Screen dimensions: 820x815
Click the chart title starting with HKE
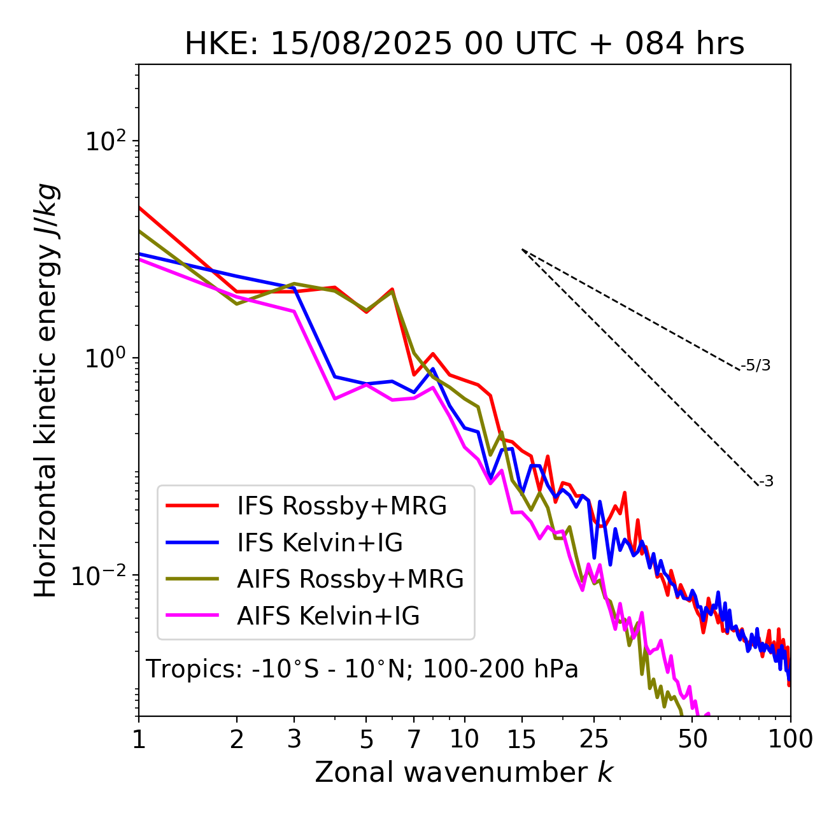click(464, 44)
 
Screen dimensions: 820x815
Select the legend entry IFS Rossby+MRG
click(341, 506)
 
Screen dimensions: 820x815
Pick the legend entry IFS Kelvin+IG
click(320, 543)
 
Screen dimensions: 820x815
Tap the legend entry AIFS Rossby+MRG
click(350, 579)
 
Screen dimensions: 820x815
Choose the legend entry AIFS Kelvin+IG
click(328, 616)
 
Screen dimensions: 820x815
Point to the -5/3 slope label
click(756, 365)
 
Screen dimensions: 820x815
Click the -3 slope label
click(767, 481)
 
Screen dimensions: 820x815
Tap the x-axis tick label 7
click(414, 739)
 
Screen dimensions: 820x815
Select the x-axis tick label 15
click(522, 739)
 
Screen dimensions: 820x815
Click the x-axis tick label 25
click(594, 739)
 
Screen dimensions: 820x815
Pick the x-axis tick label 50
click(693, 739)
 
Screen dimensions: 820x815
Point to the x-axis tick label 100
click(790, 739)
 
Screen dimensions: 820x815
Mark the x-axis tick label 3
click(294, 739)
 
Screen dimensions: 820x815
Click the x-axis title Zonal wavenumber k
click(464, 772)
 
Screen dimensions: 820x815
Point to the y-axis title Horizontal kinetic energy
click(46, 390)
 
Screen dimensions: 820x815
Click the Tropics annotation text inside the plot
click(362, 669)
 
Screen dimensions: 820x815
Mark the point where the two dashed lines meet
click(522, 249)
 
